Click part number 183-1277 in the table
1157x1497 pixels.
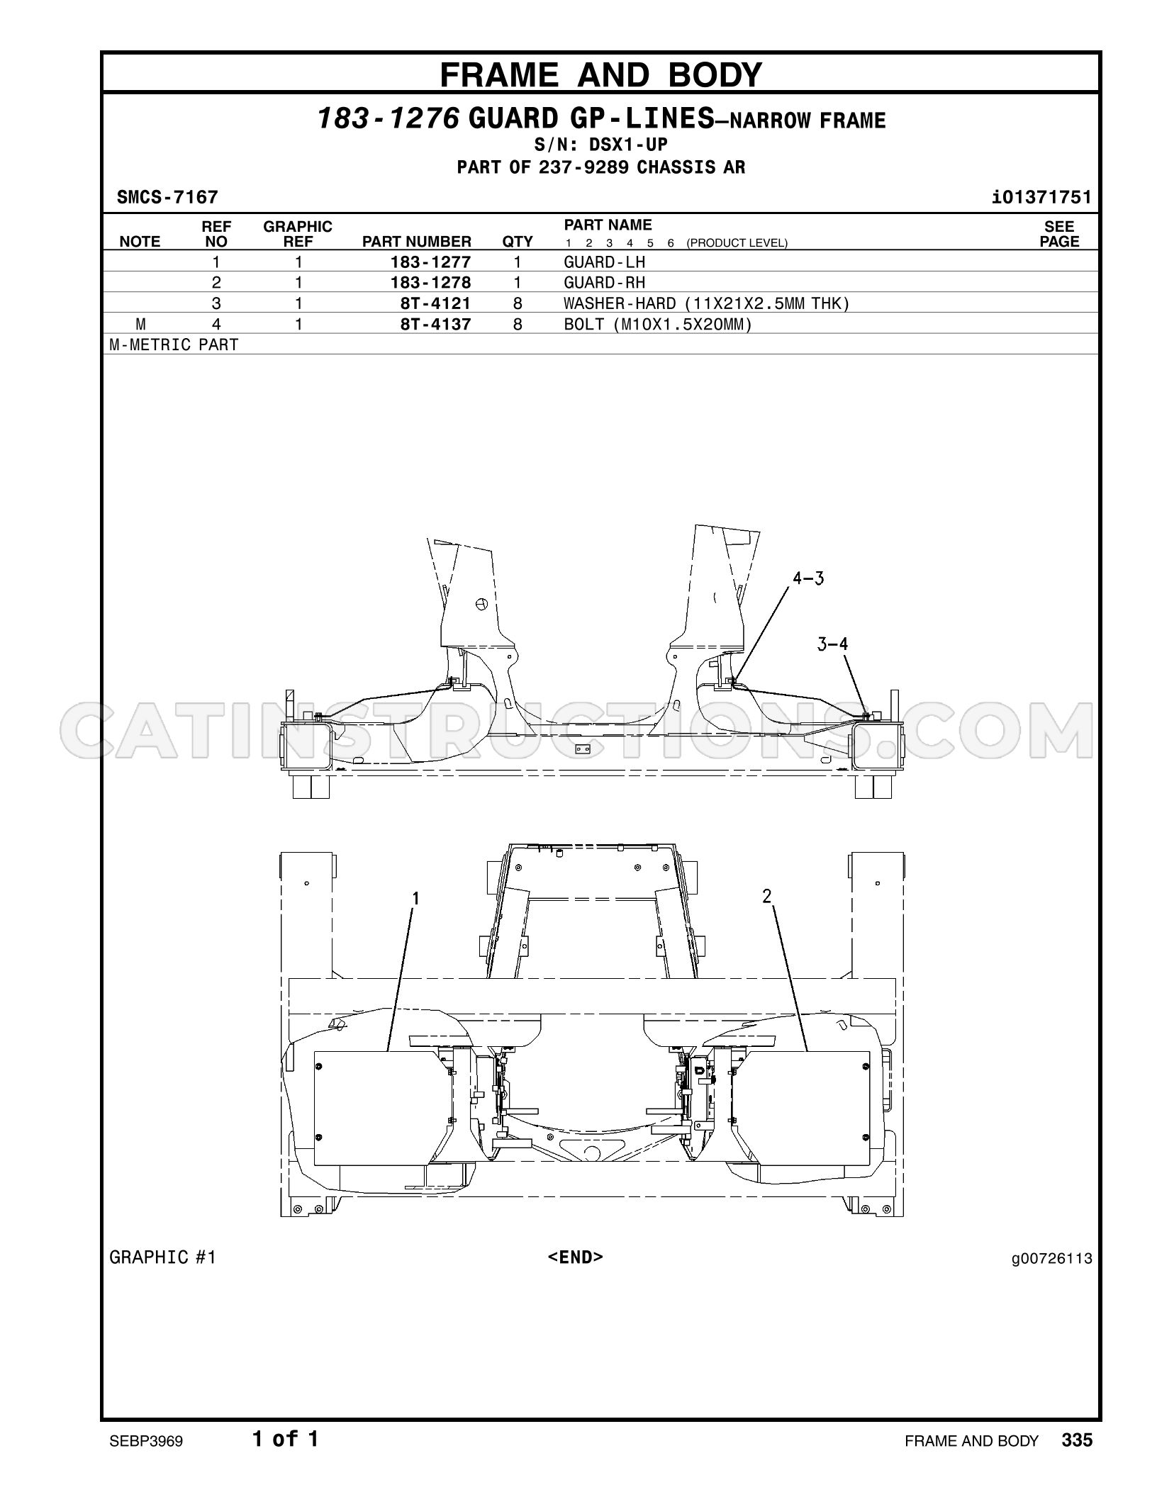coord(430,262)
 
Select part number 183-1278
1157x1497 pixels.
coord(430,283)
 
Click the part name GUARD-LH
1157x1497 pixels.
coord(605,262)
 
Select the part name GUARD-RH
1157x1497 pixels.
coord(605,283)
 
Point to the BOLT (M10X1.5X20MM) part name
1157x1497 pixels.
coord(657,325)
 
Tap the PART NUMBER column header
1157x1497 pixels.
coord(417,242)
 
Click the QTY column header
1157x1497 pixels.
coord(518,242)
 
